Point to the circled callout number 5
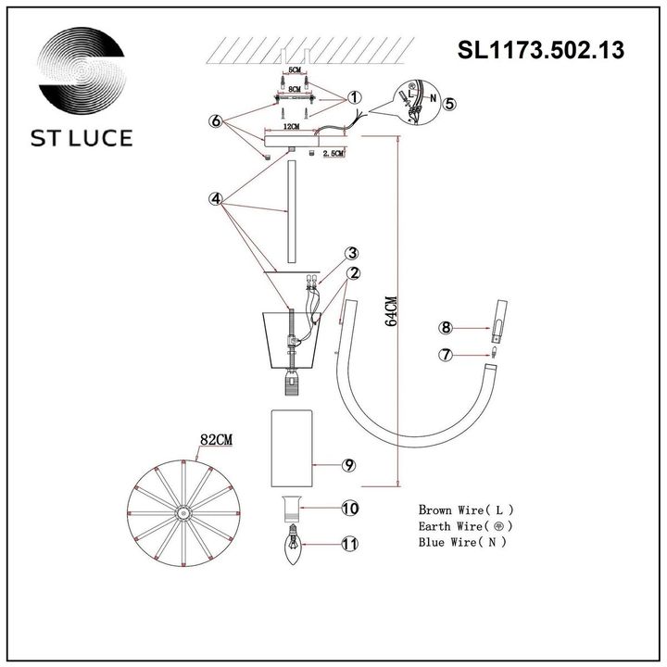448,104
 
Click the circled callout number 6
216,121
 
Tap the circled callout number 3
353,253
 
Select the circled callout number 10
348,508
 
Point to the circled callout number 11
348,545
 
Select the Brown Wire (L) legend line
465,510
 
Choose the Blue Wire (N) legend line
462,542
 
